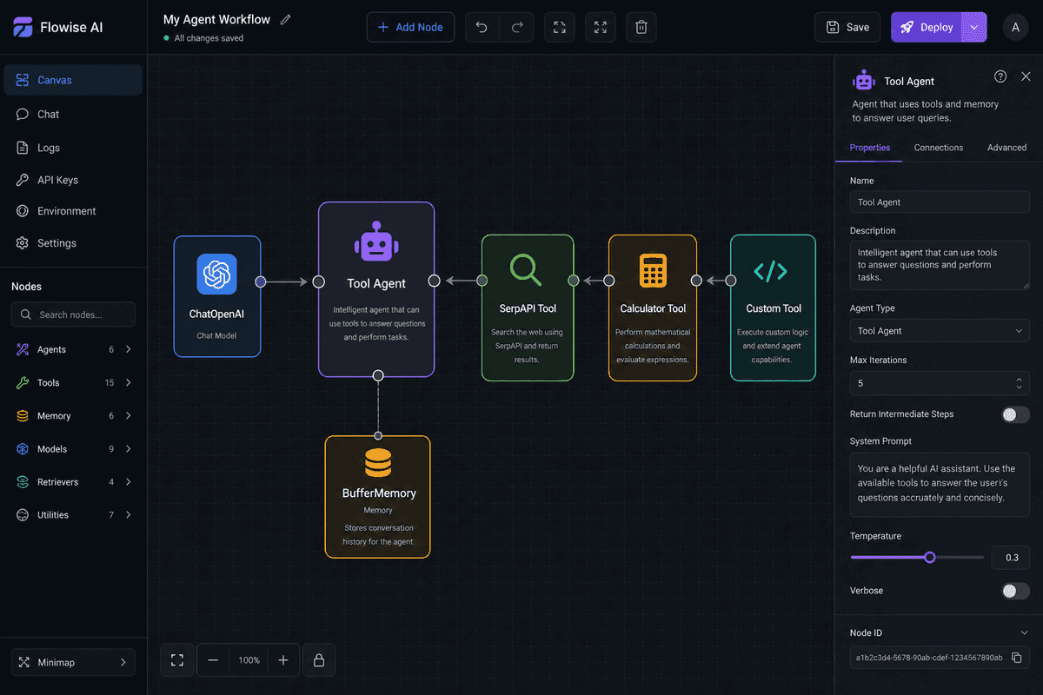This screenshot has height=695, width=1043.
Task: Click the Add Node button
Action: pos(410,28)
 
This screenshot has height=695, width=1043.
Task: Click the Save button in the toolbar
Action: pos(847,28)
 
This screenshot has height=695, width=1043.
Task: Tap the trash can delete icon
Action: pos(641,28)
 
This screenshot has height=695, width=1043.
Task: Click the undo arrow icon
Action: pos(482,28)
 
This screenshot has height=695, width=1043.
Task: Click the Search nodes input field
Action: pos(74,314)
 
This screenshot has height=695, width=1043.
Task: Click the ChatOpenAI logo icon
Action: pos(216,275)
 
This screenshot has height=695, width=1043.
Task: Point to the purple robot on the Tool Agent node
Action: pos(376,242)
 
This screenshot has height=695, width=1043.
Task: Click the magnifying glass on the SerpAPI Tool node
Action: pos(526,269)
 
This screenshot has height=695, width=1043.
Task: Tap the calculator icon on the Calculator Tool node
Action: pos(653,270)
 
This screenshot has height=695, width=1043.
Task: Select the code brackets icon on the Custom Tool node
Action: pos(771,271)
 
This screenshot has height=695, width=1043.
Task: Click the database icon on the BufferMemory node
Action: pos(378,462)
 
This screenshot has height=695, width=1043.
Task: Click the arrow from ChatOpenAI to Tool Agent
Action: pos(286,281)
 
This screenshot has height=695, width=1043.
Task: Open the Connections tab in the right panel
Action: pos(938,148)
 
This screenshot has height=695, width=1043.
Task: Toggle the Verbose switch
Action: pos(1015,591)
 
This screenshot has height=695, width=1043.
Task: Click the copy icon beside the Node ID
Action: pos(1016,658)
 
